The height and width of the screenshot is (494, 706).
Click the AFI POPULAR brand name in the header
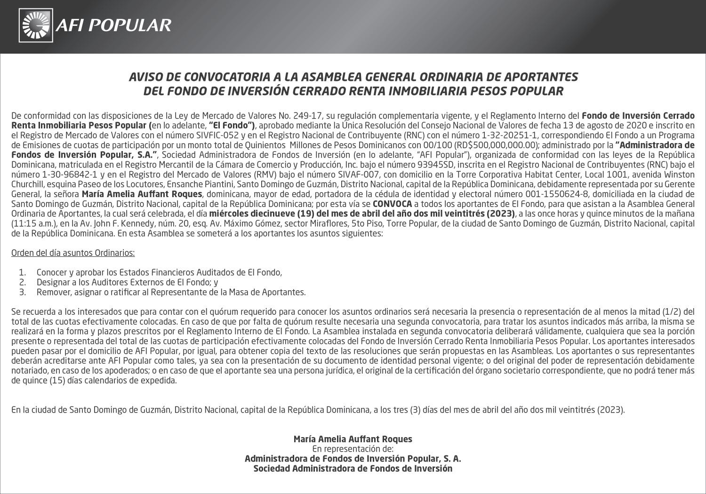[x=113, y=25]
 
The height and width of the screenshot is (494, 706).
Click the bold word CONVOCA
[x=392, y=204]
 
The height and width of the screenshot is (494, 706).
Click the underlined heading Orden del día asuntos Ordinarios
[x=73, y=253]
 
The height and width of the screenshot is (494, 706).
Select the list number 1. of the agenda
[x=22, y=272]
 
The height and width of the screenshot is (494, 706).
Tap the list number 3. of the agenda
[x=22, y=292]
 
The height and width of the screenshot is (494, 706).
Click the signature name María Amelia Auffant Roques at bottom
[x=353, y=439]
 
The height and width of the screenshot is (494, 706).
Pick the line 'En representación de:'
[x=353, y=449]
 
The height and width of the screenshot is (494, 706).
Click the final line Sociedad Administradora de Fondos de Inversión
[x=353, y=469]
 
